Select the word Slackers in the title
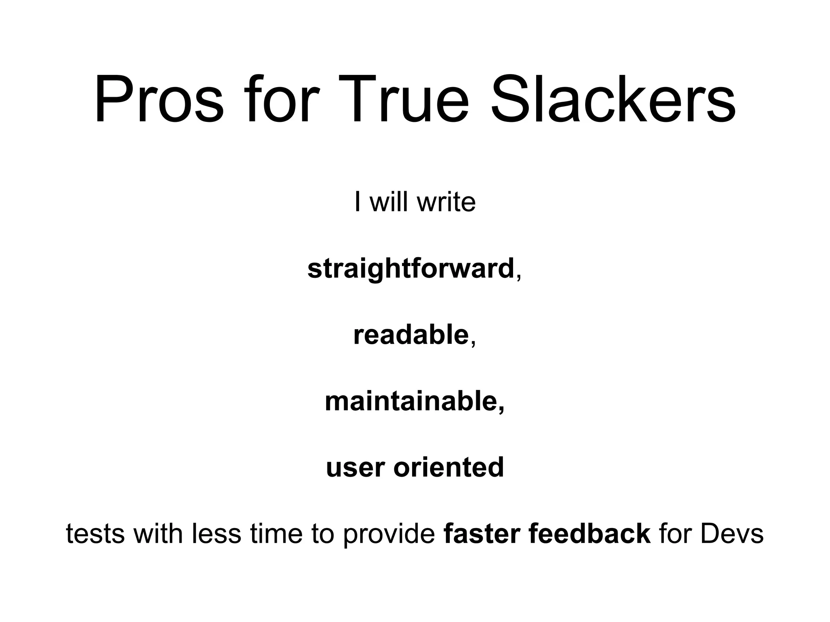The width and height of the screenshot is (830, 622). pos(613,99)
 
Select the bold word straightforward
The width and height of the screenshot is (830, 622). pos(411,268)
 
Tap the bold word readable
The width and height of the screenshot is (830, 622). pos(411,335)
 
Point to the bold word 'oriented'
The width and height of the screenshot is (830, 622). pos(449,467)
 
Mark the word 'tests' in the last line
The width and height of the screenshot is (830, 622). pos(95,533)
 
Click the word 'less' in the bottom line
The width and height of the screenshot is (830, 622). pos(216,533)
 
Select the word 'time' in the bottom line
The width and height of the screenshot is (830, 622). pos(276,533)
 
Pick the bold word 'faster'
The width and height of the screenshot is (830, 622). pos(482,533)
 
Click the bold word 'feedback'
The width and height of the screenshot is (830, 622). pos(590,533)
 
